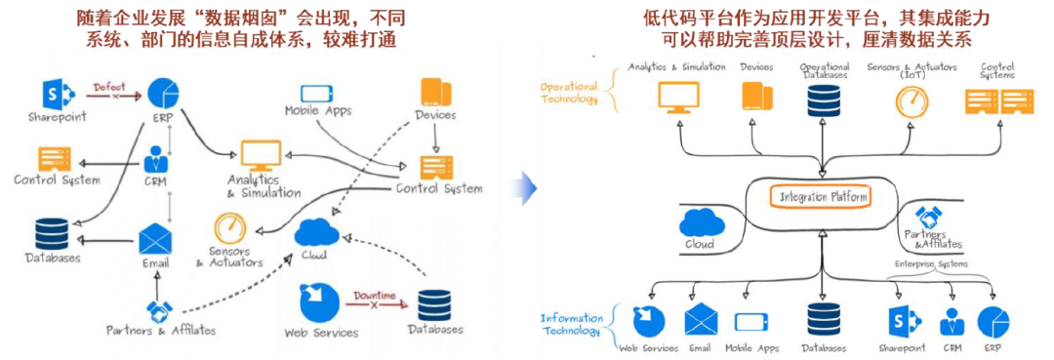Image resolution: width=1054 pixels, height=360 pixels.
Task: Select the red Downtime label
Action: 375,296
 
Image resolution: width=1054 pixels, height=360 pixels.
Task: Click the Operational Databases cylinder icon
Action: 824,99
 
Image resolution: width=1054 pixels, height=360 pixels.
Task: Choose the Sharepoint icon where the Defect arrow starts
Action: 58,94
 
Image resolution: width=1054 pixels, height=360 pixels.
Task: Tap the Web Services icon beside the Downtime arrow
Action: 315,301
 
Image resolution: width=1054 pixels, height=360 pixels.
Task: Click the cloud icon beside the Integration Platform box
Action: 700,221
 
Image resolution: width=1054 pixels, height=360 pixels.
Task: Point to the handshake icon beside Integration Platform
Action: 931,218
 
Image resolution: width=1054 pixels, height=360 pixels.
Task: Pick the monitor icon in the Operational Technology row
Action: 677,96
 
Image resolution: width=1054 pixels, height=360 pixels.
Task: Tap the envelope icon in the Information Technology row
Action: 701,319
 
